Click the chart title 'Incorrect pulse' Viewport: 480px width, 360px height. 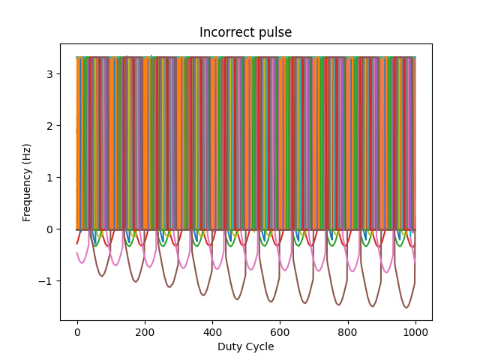245,32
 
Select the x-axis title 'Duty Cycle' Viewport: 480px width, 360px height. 245,346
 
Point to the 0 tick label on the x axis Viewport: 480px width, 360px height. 76,332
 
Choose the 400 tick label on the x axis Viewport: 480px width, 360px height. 212,332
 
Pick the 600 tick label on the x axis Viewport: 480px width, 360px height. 280,332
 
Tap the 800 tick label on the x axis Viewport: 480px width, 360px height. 347,332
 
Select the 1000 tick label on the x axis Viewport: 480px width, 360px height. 415,332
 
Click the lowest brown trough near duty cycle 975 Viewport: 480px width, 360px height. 406,307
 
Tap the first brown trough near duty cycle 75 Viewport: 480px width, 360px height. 102,276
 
